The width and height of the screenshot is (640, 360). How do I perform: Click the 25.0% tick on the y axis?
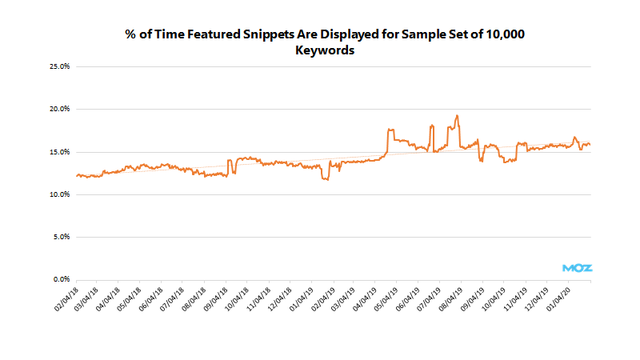(x=60, y=66)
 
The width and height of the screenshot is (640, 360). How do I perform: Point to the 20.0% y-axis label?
(x=60, y=109)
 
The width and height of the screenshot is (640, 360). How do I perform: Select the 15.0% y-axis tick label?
(x=60, y=152)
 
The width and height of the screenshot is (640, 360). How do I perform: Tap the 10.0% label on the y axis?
(x=60, y=194)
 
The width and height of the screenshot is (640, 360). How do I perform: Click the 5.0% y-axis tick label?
(x=62, y=237)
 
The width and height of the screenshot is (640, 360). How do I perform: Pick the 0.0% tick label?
(x=62, y=279)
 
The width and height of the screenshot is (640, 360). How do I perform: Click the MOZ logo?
(x=578, y=268)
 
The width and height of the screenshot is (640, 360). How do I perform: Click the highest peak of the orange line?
(x=456, y=116)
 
